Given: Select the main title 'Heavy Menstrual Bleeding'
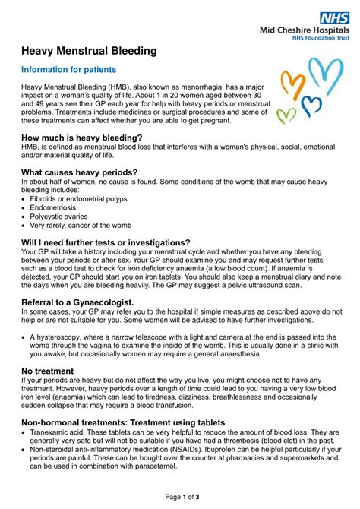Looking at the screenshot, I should (89, 51).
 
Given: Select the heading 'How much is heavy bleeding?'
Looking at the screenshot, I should (82, 138).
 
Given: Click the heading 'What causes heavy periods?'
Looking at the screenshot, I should (80, 172).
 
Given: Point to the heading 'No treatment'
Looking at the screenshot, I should (47, 370).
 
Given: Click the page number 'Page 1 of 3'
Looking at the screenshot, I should (180, 496).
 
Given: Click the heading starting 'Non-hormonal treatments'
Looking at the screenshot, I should (123, 422).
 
